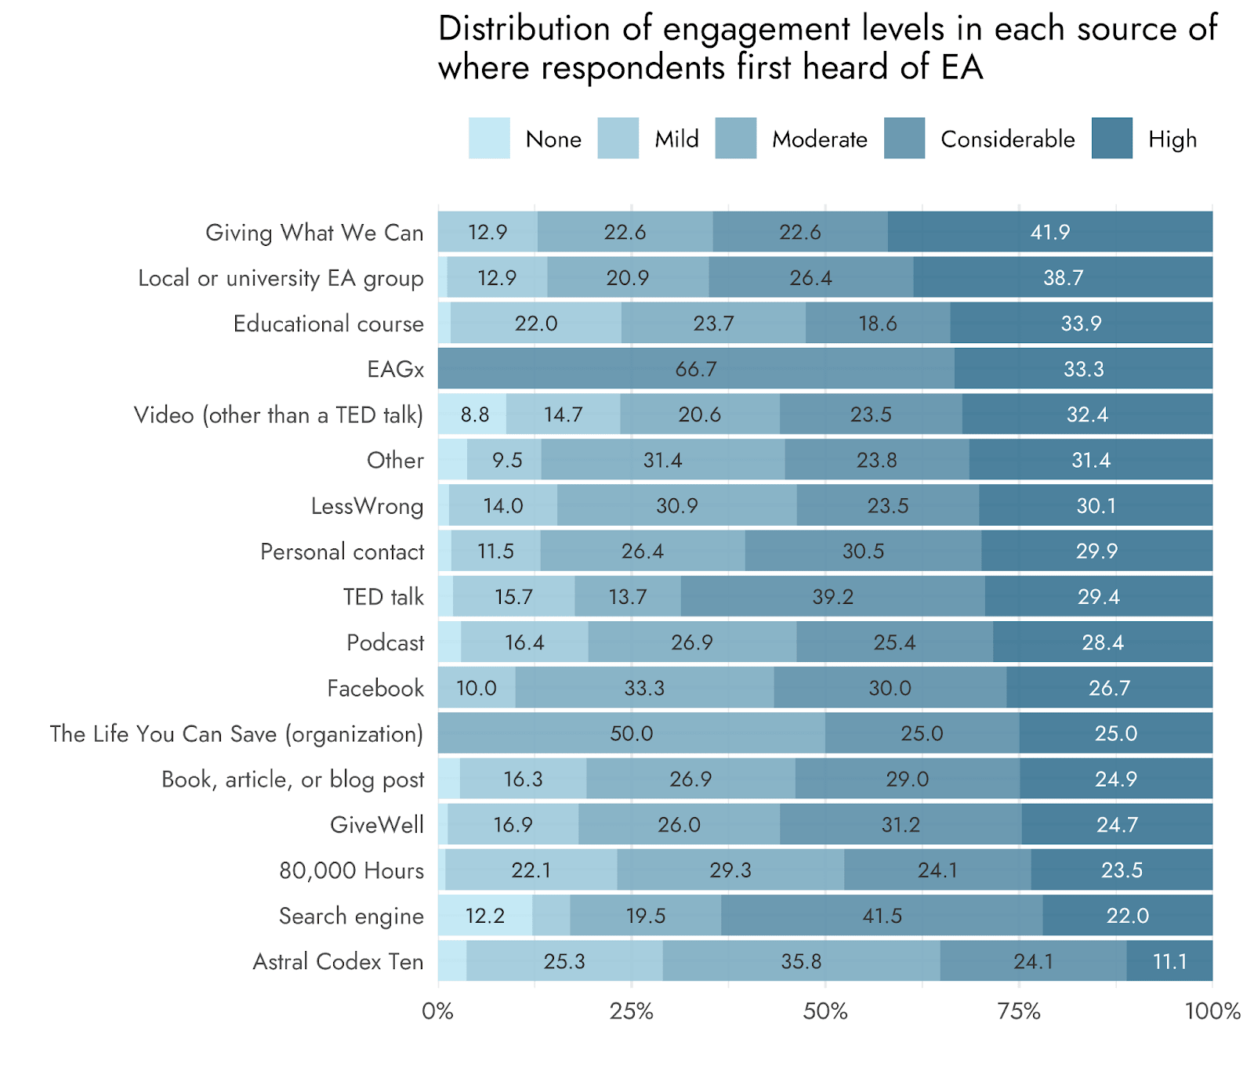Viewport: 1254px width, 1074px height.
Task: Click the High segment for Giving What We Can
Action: tap(1050, 232)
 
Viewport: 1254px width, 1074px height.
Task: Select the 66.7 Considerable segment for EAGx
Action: tap(696, 368)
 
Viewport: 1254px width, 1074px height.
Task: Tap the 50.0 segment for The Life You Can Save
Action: tap(632, 733)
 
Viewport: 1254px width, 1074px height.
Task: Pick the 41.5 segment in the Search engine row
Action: tap(882, 916)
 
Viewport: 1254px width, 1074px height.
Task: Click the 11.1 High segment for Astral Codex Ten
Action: tap(1169, 961)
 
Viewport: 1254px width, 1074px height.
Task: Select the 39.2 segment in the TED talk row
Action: tap(832, 597)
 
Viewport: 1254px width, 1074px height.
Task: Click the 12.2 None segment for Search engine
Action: tap(485, 916)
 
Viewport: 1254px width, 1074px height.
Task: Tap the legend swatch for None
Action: tap(489, 139)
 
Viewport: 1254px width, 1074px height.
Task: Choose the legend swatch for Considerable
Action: tap(904, 139)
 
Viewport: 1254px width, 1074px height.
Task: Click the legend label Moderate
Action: tap(819, 139)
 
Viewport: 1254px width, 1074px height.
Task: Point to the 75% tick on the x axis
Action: tap(1019, 1011)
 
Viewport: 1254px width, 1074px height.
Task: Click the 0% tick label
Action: tap(438, 1011)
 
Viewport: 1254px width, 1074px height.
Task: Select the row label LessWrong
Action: tap(367, 506)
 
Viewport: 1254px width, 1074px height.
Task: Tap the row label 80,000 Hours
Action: tap(351, 870)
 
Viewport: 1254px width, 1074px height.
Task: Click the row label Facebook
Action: tap(375, 689)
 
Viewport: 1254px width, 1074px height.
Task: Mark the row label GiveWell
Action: tap(376, 825)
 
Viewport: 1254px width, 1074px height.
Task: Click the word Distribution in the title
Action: tap(524, 29)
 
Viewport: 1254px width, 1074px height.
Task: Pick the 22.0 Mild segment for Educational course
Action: tap(536, 324)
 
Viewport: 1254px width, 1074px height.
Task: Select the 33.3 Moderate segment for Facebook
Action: tap(644, 688)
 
